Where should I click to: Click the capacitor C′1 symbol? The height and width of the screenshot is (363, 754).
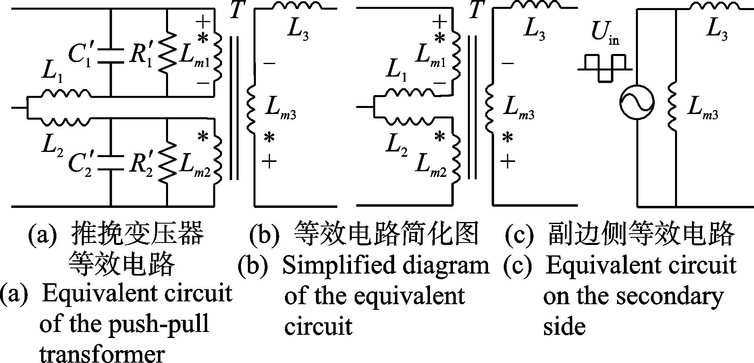(x=111, y=55)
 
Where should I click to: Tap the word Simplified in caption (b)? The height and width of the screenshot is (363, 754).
(x=330, y=266)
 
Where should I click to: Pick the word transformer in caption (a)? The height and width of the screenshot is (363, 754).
(x=102, y=354)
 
